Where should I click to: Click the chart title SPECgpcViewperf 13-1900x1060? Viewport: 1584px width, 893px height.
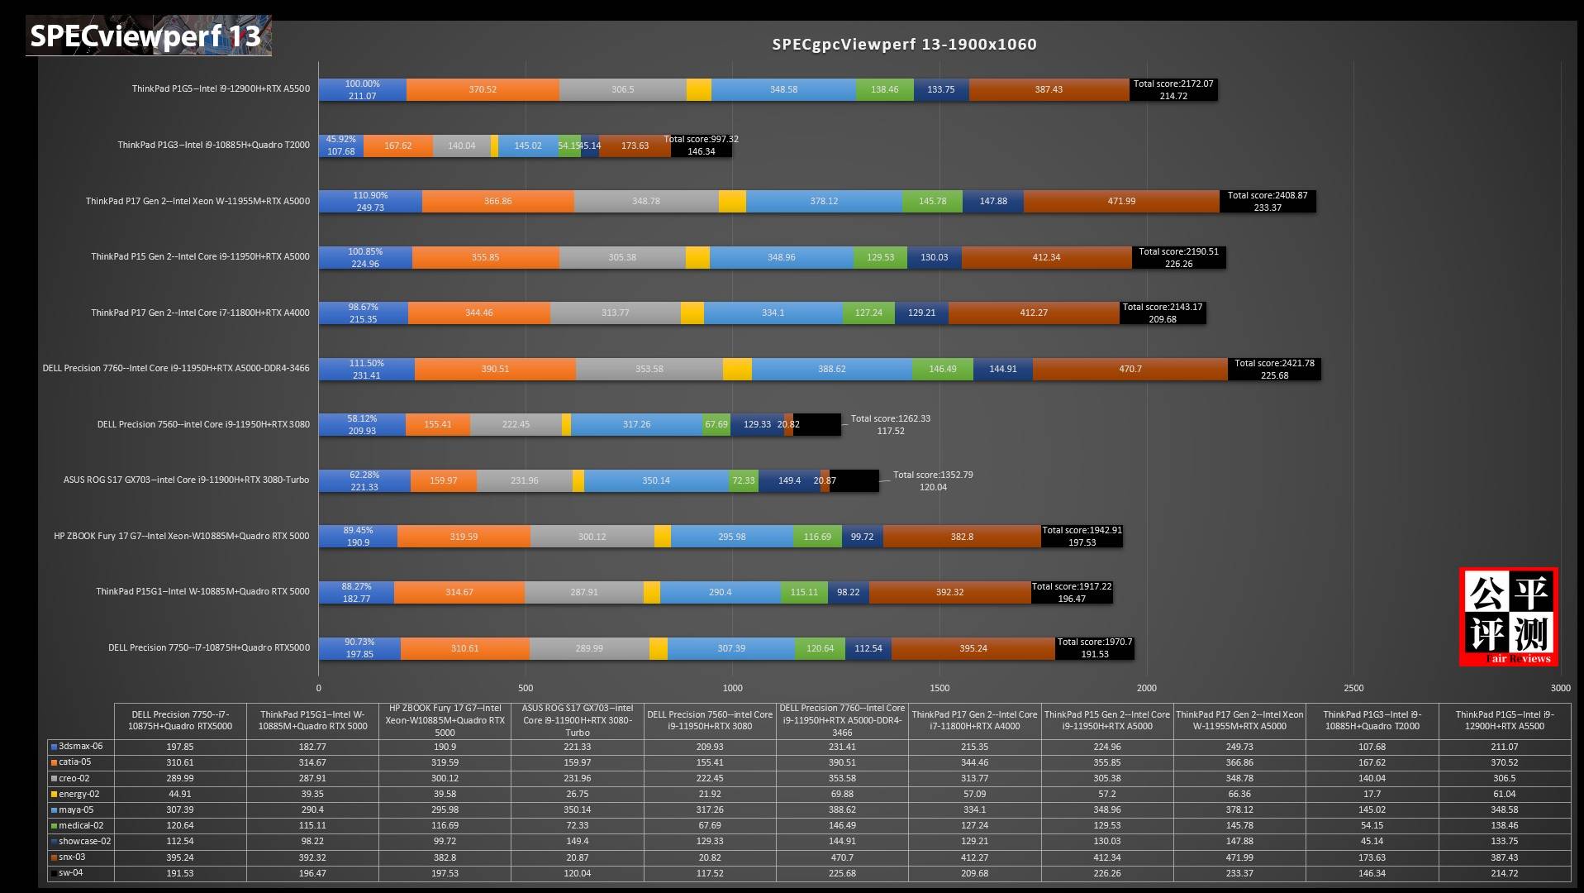pos(904,45)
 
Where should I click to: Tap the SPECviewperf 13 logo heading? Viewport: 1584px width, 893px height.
pos(145,36)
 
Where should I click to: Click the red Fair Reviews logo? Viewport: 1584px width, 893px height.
pos(1509,617)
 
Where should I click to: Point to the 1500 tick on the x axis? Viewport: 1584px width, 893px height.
pos(939,688)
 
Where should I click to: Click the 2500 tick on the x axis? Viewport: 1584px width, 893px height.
pos(1353,688)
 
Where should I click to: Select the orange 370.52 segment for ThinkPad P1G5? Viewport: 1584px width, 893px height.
pos(483,89)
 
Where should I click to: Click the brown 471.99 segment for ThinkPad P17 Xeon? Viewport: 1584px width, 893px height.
pos(1121,201)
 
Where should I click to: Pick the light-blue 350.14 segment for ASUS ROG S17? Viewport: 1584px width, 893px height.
pos(656,480)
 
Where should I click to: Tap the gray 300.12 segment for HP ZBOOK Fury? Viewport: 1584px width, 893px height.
pos(592,537)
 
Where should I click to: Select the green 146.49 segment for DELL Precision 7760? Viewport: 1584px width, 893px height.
pos(942,369)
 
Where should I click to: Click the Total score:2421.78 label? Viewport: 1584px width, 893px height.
pos(1274,363)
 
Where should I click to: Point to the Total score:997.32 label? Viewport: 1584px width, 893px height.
pos(701,139)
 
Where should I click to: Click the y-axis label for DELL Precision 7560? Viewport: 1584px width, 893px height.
pos(203,424)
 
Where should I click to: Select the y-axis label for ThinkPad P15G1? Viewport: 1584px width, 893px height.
pos(202,591)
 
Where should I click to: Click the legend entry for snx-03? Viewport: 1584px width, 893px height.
pos(72,857)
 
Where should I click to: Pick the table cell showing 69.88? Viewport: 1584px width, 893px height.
pos(842,794)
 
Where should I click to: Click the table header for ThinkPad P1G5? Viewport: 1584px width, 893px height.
pos(1504,720)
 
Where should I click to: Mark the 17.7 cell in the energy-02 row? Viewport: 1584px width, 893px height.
pos(1372,794)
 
